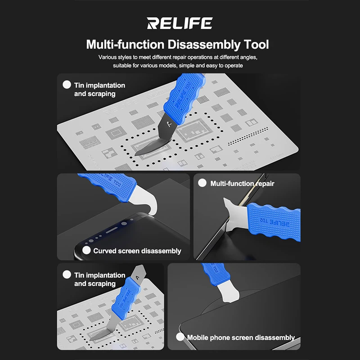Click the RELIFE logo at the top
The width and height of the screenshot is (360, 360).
[180, 23]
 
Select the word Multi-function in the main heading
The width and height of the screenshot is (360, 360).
[125, 44]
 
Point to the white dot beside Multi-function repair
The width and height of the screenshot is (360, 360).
[202, 183]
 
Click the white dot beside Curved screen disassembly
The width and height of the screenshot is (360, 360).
[86, 250]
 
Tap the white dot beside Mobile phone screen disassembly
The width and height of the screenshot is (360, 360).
[180, 337]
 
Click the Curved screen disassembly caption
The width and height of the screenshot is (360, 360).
[137, 251]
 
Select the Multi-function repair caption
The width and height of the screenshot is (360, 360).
[242, 184]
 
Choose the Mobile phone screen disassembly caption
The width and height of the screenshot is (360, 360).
[241, 337]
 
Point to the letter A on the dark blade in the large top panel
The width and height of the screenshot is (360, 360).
[170, 125]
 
